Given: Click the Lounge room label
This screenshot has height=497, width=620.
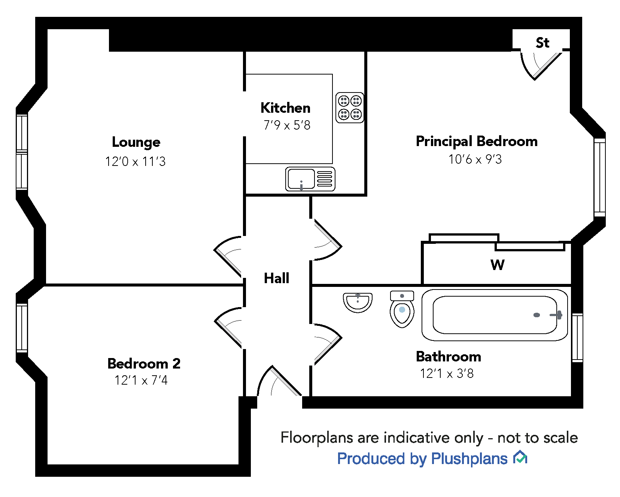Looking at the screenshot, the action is click(x=136, y=143).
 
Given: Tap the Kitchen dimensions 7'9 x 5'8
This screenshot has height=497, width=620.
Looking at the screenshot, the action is click(x=287, y=125).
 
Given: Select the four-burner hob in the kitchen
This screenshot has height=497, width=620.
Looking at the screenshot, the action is click(x=350, y=107).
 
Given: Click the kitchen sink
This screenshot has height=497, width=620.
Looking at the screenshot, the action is click(x=310, y=179).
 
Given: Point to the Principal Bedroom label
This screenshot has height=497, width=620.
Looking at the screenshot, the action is click(x=477, y=142).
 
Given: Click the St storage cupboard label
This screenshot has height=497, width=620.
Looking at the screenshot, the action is click(x=542, y=43).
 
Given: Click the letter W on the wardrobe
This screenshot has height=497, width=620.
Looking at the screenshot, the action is click(x=497, y=265).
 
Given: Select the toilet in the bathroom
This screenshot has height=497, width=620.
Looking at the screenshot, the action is click(x=402, y=309).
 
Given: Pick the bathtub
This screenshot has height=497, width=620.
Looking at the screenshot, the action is click(x=495, y=315).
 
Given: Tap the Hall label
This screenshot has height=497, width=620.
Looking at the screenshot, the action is click(x=277, y=278).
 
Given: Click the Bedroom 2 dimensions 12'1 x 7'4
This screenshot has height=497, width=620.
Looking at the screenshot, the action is click(x=141, y=381).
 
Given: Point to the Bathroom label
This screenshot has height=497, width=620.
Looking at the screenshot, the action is click(x=448, y=357).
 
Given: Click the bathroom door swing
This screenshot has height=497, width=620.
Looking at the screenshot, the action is click(x=326, y=343).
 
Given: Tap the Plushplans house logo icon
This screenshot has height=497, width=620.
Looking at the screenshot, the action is click(x=520, y=458).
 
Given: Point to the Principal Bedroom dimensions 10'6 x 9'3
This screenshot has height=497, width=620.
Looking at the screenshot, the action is click(x=475, y=160).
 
